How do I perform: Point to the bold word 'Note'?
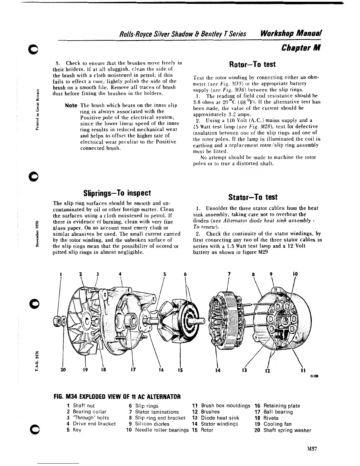click(x=71, y=105)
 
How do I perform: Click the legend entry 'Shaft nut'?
click(x=84, y=406)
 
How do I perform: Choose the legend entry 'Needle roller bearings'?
click(x=162, y=430)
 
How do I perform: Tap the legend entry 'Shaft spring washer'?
click(x=287, y=430)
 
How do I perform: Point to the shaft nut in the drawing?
click(x=58, y=320)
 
